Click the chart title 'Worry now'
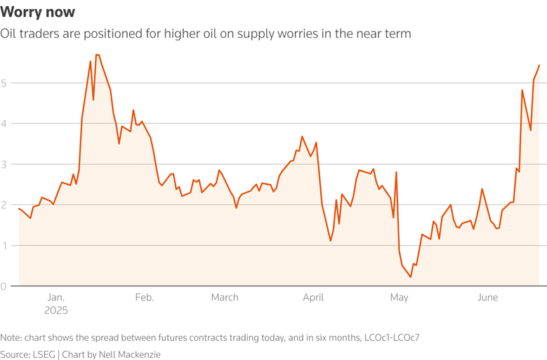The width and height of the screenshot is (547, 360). (38, 13)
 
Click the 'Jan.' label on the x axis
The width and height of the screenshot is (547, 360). (55, 298)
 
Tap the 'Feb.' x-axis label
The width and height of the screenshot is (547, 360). (144, 298)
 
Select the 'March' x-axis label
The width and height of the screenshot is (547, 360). (225, 298)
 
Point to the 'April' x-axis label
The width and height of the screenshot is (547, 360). (313, 298)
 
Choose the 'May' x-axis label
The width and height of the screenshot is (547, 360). (399, 298)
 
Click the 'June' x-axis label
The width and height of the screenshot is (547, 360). (487, 298)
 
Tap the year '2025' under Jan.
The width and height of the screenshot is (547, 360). (55, 309)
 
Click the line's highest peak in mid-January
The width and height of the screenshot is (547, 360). (98, 55)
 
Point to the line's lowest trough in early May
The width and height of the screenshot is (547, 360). (411, 277)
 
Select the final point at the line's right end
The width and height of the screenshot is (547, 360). (539, 65)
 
